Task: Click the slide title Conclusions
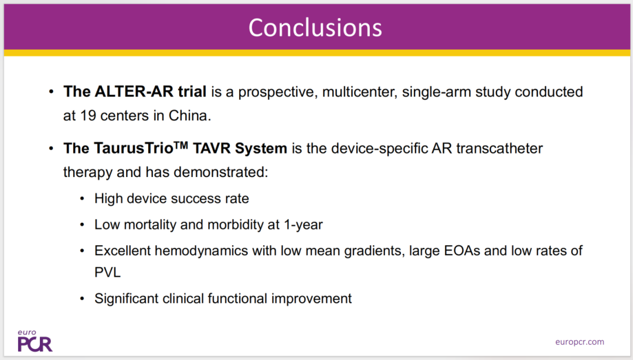tap(315, 28)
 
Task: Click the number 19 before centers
tap(87, 116)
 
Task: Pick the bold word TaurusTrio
tap(134, 148)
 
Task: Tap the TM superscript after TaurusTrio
tap(181, 144)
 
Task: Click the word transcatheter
tap(500, 148)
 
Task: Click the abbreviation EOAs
tap(462, 251)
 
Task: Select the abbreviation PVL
tap(107, 273)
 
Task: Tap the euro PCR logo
tap(35, 341)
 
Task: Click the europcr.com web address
tap(580, 342)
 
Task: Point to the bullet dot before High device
tap(83, 199)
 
